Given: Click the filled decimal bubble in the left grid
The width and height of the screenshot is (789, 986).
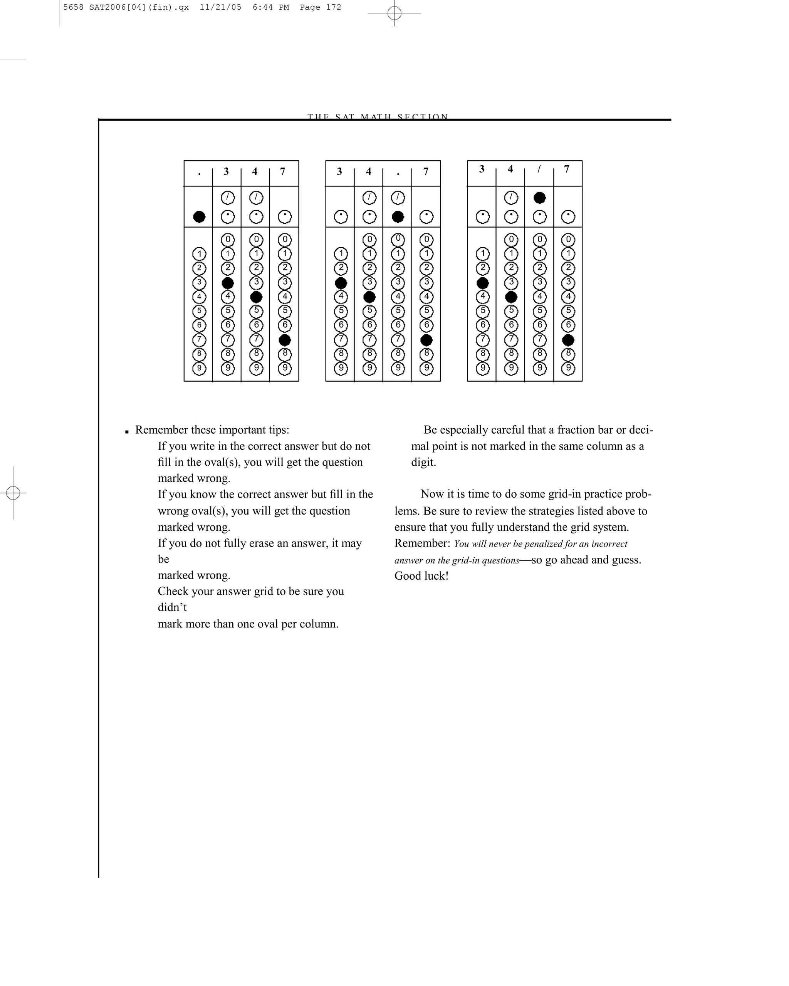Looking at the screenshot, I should (x=199, y=216).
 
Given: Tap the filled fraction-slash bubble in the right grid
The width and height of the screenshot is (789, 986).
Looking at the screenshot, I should (x=539, y=198).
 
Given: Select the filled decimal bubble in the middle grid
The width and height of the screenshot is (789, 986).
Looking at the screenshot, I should (x=398, y=216).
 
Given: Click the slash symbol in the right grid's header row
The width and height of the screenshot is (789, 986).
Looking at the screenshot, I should (x=539, y=169).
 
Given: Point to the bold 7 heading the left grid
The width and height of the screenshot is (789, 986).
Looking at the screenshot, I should (x=283, y=171).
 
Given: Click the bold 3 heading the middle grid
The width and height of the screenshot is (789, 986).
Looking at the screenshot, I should (x=339, y=171).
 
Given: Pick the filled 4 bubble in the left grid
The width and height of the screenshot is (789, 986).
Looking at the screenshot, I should (x=256, y=297).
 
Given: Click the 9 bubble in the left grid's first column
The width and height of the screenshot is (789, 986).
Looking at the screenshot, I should (x=199, y=368).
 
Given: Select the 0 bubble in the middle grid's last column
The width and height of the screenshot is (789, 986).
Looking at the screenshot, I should (x=426, y=239).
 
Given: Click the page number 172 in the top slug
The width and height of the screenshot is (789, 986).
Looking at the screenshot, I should (x=334, y=7).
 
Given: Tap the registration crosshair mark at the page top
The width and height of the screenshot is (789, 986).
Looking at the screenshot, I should (x=394, y=13).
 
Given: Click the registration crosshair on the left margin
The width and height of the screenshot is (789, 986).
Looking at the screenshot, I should (x=13, y=493).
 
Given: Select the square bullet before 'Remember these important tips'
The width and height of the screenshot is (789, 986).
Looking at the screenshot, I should (x=127, y=432).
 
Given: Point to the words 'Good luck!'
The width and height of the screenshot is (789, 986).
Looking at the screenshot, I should (x=421, y=576).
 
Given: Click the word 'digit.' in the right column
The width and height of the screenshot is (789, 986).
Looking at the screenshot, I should (x=423, y=462).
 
